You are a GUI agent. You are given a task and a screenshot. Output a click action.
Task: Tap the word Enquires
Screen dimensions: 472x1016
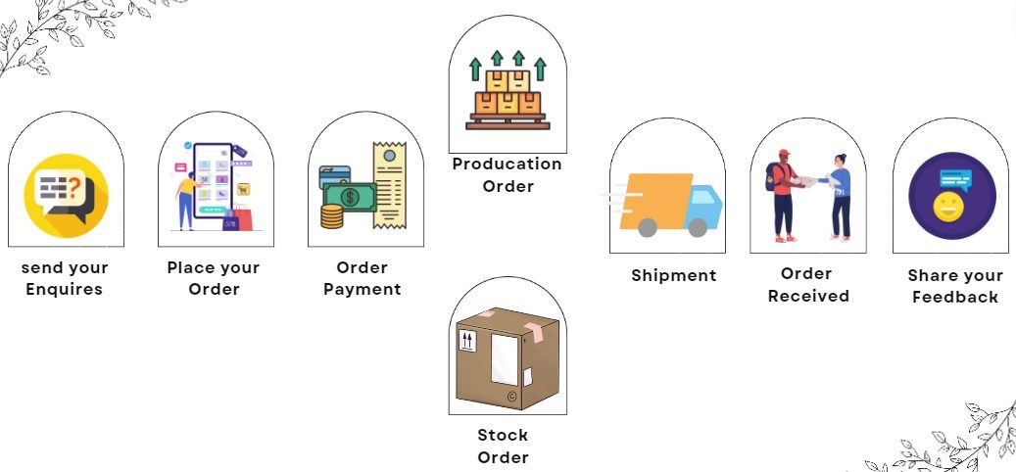point(64,289)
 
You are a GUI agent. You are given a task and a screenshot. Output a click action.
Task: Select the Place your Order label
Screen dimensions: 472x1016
point(214,278)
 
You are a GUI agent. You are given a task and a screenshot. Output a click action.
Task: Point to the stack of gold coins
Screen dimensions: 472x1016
point(332,215)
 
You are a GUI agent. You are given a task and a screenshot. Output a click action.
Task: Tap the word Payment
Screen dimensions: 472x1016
point(363,289)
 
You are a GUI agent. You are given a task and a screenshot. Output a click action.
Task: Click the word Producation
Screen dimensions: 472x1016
point(507,164)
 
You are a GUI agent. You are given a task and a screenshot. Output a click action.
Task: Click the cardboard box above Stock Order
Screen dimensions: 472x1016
point(507,357)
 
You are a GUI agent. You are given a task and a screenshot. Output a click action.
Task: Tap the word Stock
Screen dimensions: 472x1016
point(503,435)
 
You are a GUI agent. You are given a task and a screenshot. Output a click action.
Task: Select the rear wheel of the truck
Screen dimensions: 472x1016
point(647,228)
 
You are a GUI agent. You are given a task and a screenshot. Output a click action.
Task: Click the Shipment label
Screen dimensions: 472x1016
point(673,275)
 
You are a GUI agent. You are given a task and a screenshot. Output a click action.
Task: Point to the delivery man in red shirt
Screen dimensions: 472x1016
point(783,196)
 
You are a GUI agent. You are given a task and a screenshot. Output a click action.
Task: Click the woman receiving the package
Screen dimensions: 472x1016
point(840,196)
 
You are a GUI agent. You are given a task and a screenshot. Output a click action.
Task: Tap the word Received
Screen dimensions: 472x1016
point(808,296)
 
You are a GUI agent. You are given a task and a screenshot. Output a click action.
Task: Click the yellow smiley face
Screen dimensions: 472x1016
point(947,207)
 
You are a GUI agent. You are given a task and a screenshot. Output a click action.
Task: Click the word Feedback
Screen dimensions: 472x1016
point(954,297)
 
